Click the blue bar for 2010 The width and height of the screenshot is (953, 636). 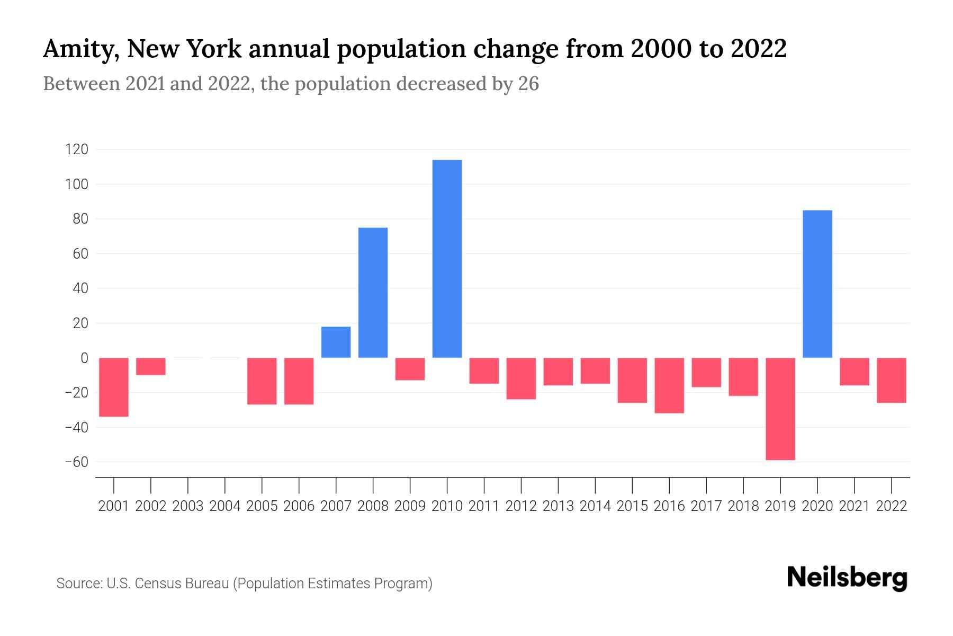(447, 259)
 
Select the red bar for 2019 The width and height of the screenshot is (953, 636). (780, 409)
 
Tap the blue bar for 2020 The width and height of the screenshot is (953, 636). (817, 284)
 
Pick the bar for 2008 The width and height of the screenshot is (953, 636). (373, 293)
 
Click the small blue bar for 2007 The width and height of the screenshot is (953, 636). (336, 342)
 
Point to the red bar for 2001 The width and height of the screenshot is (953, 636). (114, 387)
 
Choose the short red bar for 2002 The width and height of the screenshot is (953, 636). (151, 366)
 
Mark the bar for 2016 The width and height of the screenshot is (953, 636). (669, 385)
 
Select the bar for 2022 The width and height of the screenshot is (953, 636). (891, 380)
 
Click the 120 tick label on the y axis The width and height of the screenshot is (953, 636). (77, 150)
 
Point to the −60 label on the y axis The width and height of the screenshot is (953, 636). (77, 462)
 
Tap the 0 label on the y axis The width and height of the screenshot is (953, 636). (84, 358)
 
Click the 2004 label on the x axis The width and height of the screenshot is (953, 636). (225, 506)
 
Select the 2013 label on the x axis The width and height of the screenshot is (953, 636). (558, 506)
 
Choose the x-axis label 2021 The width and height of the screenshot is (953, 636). (854, 506)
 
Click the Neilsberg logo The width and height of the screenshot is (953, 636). (847, 578)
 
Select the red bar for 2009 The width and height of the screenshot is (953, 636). (410, 369)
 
